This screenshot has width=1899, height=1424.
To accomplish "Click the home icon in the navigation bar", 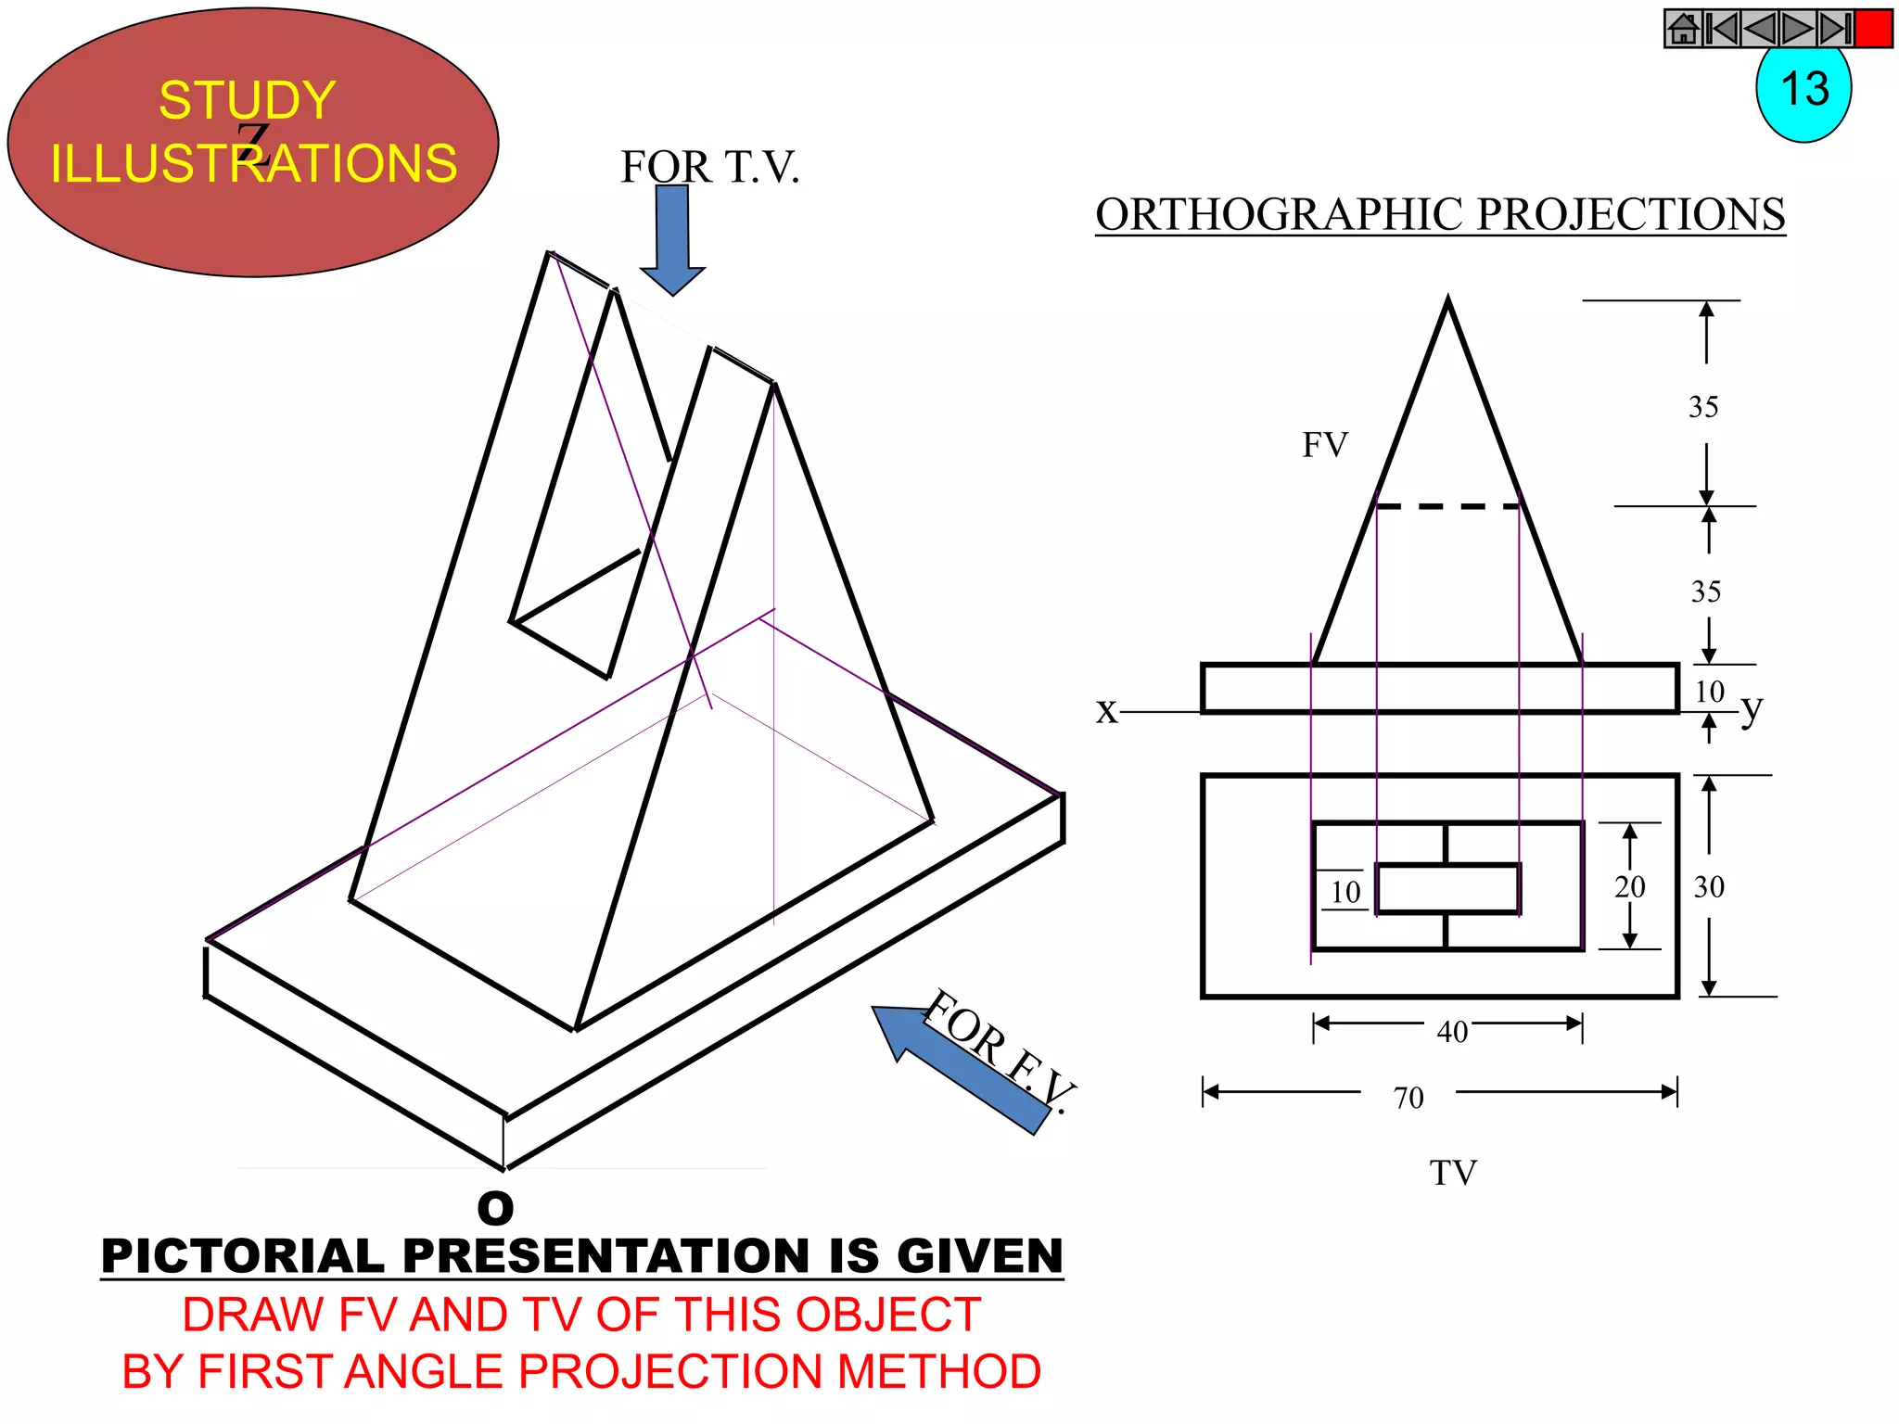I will [1684, 29].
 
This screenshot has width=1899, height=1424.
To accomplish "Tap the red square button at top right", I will [1873, 29].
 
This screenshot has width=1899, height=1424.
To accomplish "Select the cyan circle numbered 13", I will [1803, 93].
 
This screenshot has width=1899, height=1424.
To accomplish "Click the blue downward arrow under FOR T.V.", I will [672, 237].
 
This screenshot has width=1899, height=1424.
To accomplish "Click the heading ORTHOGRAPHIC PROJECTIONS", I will [1440, 214].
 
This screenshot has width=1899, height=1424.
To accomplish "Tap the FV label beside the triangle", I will [1324, 445].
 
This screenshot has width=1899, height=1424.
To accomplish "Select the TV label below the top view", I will [1452, 1173].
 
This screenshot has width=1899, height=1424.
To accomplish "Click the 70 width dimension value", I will [1408, 1098].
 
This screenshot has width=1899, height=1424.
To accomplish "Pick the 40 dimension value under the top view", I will [1452, 1032].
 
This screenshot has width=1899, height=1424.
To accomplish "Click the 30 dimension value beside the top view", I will [1709, 887].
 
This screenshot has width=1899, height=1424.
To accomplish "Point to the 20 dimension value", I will [1629, 887].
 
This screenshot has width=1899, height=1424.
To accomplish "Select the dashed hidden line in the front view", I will [1447, 506].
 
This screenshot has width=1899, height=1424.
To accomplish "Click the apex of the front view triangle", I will [1447, 300].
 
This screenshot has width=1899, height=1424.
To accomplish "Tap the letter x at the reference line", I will [1106, 711].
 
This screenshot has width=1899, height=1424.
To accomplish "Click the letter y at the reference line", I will [1751, 709].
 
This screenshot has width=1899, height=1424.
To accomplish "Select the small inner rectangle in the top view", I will [1447, 888].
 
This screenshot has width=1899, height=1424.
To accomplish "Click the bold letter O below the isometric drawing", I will [495, 1208].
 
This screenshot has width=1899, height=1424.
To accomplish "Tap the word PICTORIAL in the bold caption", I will [242, 1256].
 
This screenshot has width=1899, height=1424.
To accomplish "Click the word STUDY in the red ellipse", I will [247, 100].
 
